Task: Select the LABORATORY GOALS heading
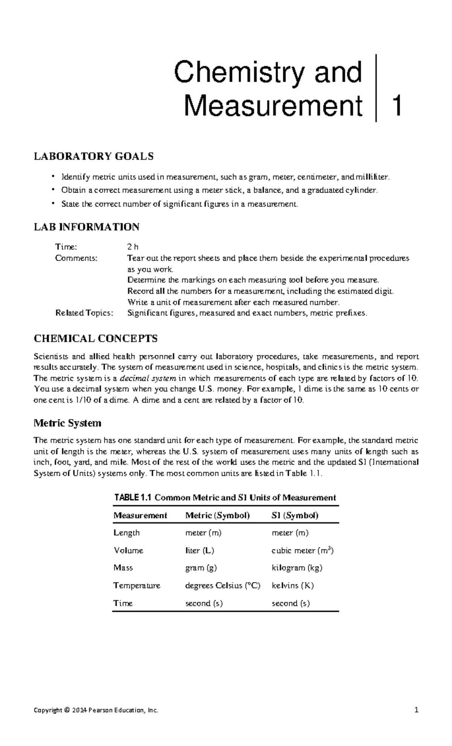(x=94, y=156)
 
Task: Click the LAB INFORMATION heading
(x=87, y=227)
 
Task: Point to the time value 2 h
(x=133, y=247)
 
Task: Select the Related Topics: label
(x=84, y=313)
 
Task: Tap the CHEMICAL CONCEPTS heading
(x=96, y=338)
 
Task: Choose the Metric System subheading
(x=67, y=423)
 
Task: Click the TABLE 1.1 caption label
(x=133, y=498)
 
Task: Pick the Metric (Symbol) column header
(x=218, y=515)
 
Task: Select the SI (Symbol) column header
(x=295, y=515)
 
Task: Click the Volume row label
(x=128, y=550)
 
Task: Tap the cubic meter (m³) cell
(x=302, y=550)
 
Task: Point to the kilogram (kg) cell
(x=297, y=568)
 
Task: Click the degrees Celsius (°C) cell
(x=223, y=585)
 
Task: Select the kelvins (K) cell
(x=293, y=585)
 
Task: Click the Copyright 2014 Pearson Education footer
(x=96, y=711)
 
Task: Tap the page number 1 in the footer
(x=416, y=711)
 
